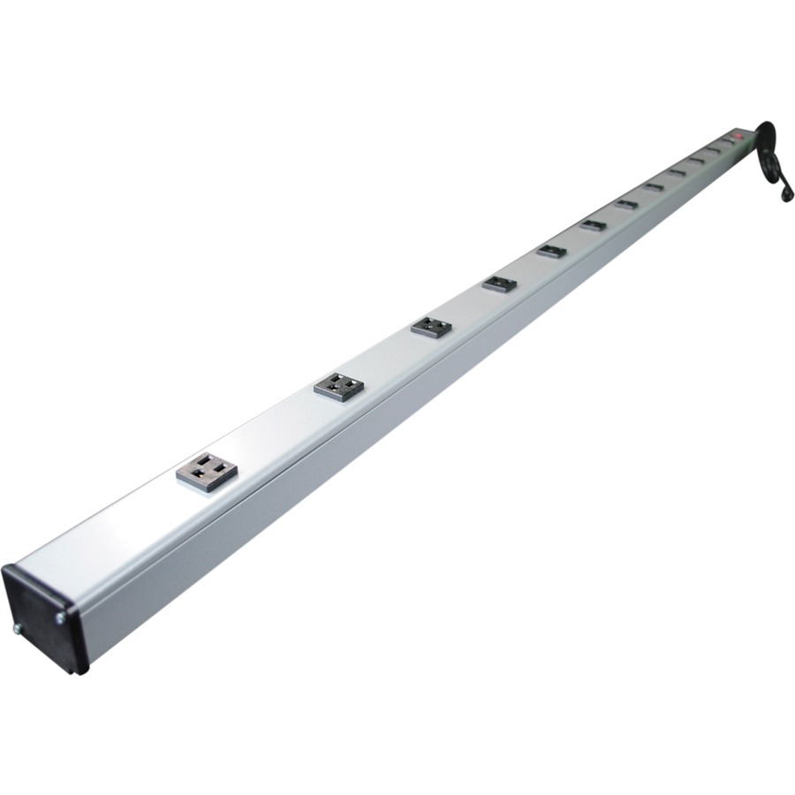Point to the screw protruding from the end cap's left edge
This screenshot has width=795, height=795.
tap(17, 630)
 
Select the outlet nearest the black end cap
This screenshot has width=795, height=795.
tap(208, 473)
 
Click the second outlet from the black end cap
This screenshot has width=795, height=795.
tap(340, 385)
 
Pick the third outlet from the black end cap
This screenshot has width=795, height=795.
tap(431, 327)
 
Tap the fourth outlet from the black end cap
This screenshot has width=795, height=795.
tap(499, 284)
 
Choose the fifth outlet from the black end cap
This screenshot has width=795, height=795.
tap(551, 251)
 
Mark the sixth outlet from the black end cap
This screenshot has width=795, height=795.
tap(593, 225)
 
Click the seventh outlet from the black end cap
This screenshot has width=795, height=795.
tap(626, 204)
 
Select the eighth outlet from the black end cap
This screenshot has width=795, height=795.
tap(654, 186)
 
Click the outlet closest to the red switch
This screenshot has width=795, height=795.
tap(727, 140)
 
